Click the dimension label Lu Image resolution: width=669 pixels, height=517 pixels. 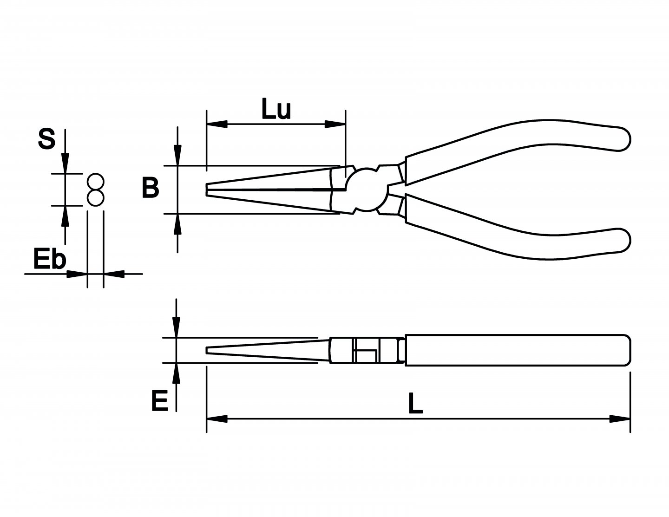[x=276, y=111]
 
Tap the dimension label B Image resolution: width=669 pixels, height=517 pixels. [x=150, y=189]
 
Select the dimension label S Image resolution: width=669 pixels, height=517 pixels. [x=46, y=139]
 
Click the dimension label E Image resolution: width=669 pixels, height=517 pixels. [x=159, y=401]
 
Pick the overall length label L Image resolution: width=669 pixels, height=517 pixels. [x=415, y=404]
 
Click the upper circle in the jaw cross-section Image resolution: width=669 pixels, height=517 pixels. [x=95, y=182]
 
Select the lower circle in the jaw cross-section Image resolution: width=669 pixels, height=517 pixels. [x=95, y=197]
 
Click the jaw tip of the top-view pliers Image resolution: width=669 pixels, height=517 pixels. [x=208, y=190]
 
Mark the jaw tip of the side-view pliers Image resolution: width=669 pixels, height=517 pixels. [x=208, y=350]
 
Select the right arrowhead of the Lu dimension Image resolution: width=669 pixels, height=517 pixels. [x=335, y=124]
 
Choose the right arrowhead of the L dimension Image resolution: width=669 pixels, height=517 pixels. [x=620, y=419]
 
